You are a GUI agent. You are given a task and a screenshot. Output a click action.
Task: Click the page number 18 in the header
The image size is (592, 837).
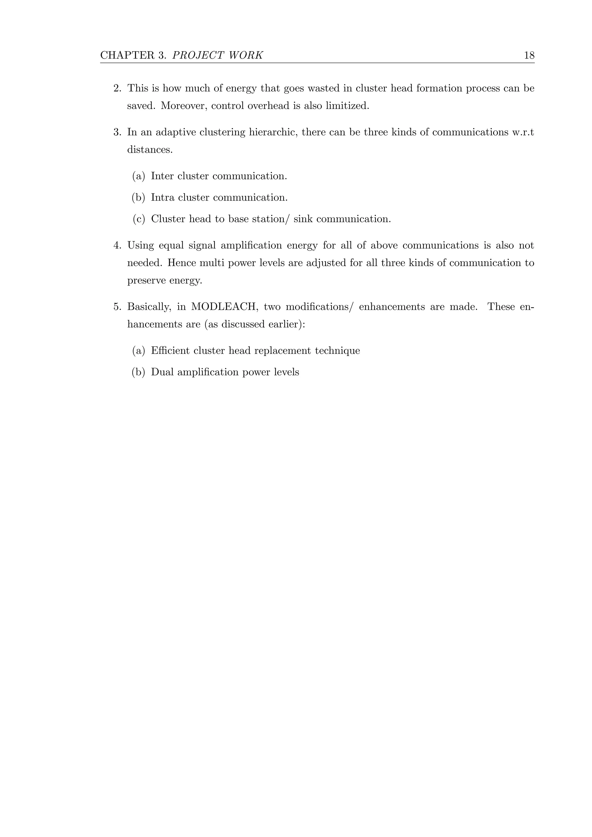529,55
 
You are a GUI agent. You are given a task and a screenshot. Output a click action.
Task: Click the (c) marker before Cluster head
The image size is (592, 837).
138,219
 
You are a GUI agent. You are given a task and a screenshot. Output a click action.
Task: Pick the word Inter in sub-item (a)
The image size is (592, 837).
162,176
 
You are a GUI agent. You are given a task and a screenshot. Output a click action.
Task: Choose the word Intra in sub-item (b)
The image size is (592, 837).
162,198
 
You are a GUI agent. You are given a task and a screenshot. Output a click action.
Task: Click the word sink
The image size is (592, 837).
303,219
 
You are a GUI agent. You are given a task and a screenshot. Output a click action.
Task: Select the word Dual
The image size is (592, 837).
162,372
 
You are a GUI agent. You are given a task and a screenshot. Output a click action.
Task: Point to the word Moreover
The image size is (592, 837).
184,106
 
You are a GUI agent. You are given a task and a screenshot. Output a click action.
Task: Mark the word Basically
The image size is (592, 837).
149,307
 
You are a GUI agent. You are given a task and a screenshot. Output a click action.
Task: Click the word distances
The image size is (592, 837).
150,150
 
